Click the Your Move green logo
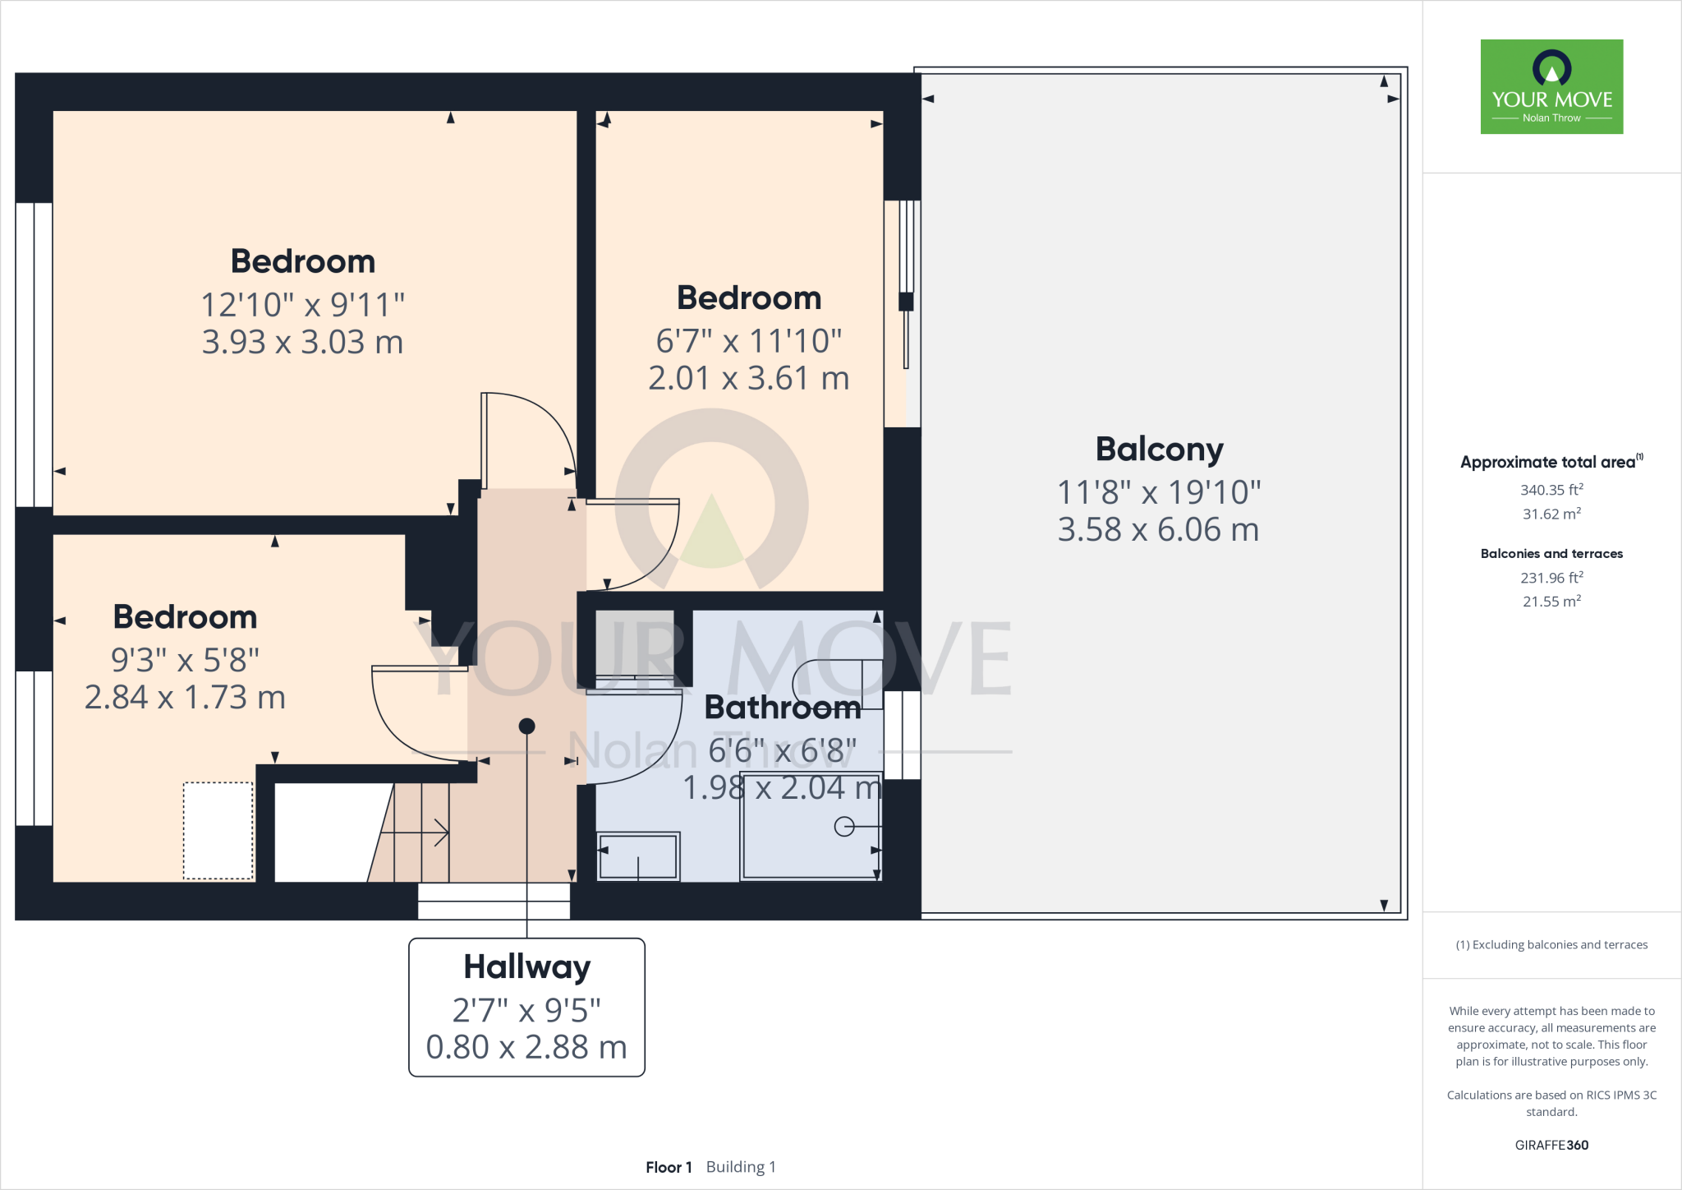click(x=1551, y=86)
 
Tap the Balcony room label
click(x=1159, y=450)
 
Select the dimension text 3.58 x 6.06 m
click(x=1158, y=530)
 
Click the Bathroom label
click(x=782, y=708)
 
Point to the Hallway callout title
click(x=526, y=967)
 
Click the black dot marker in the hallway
click(x=527, y=726)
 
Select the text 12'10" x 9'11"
click(x=303, y=305)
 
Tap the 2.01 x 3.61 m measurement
click(x=748, y=379)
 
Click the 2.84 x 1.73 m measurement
click(x=185, y=698)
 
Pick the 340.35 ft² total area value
click(x=1551, y=490)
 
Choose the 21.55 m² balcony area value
click(x=1551, y=602)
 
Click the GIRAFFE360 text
click(x=1551, y=1145)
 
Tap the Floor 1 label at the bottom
click(x=669, y=1167)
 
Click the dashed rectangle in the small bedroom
click(x=218, y=830)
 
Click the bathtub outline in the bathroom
click(x=811, y=826)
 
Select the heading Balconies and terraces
click(x=1551, y=554)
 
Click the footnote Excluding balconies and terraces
click(x=1551, y=945)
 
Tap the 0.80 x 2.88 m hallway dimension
click(x=526, y=1048)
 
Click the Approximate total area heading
click(x=1547, y=463)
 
